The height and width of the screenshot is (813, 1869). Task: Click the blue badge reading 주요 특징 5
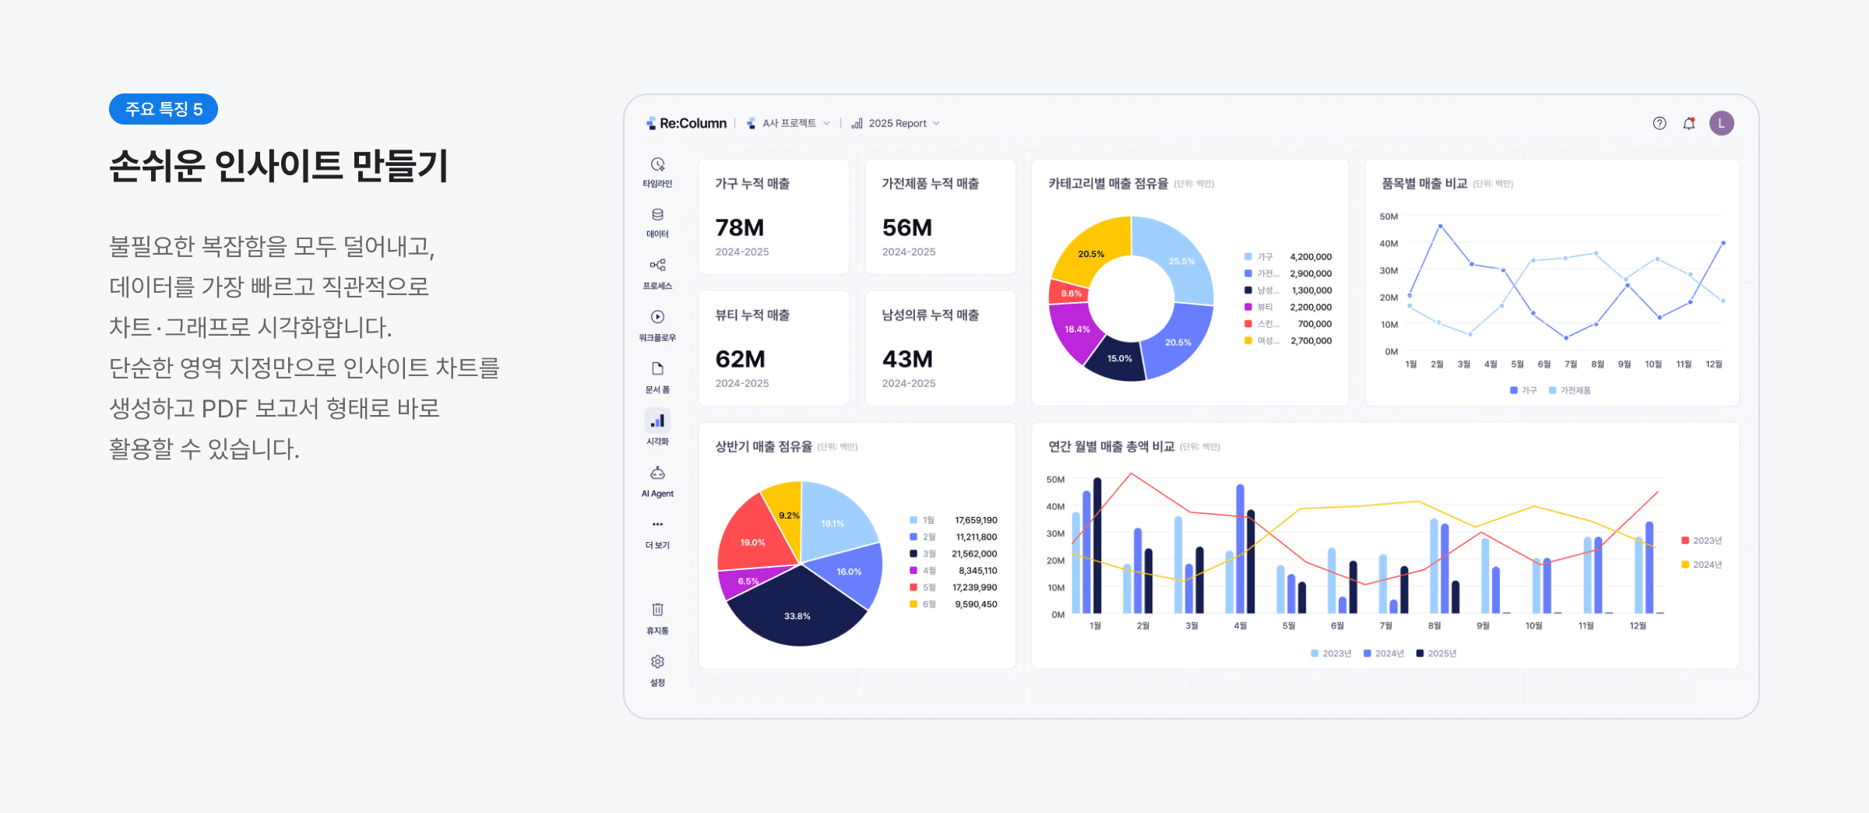pos(164,109)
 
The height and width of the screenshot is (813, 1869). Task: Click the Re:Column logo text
pos(692,123)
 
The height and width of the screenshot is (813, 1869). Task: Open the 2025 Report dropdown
pos(897,123)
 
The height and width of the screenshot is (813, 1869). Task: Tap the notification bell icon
pos(1688,123)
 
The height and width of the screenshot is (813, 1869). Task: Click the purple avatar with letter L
pos(1721,123)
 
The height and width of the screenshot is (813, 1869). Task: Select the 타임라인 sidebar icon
pos(657,165)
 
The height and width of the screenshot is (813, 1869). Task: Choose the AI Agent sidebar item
pos(657,474)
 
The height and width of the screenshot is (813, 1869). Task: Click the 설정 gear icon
pos(657,662)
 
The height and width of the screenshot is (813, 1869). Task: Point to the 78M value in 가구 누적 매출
pos(740,227)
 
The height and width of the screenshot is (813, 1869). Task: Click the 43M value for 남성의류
pos(907,359)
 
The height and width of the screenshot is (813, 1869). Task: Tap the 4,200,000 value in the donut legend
pos(1311,257)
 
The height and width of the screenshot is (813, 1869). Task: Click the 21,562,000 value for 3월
pos(974,554)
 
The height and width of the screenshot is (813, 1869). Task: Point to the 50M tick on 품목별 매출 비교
pos(1389,216)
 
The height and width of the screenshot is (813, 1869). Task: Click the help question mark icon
pos(1660,123)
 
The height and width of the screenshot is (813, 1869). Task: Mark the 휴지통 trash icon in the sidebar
pos(657,610)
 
